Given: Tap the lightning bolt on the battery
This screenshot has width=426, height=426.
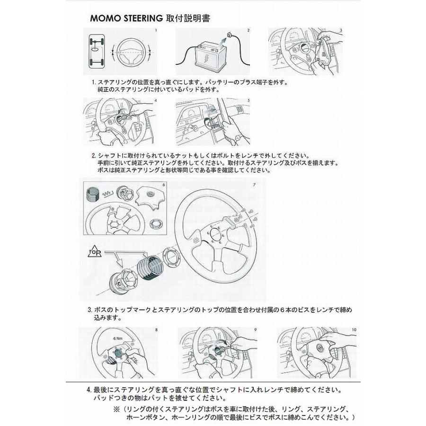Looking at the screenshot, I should (x=209, y=60).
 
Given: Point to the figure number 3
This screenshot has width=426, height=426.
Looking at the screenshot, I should (x=341, y=30).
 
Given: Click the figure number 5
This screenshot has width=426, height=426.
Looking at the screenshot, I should (x=248, y=101).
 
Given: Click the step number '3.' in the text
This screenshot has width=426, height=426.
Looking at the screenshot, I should (x=89, y=311).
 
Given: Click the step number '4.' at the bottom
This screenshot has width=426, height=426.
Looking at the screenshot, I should (x=89, y=390).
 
